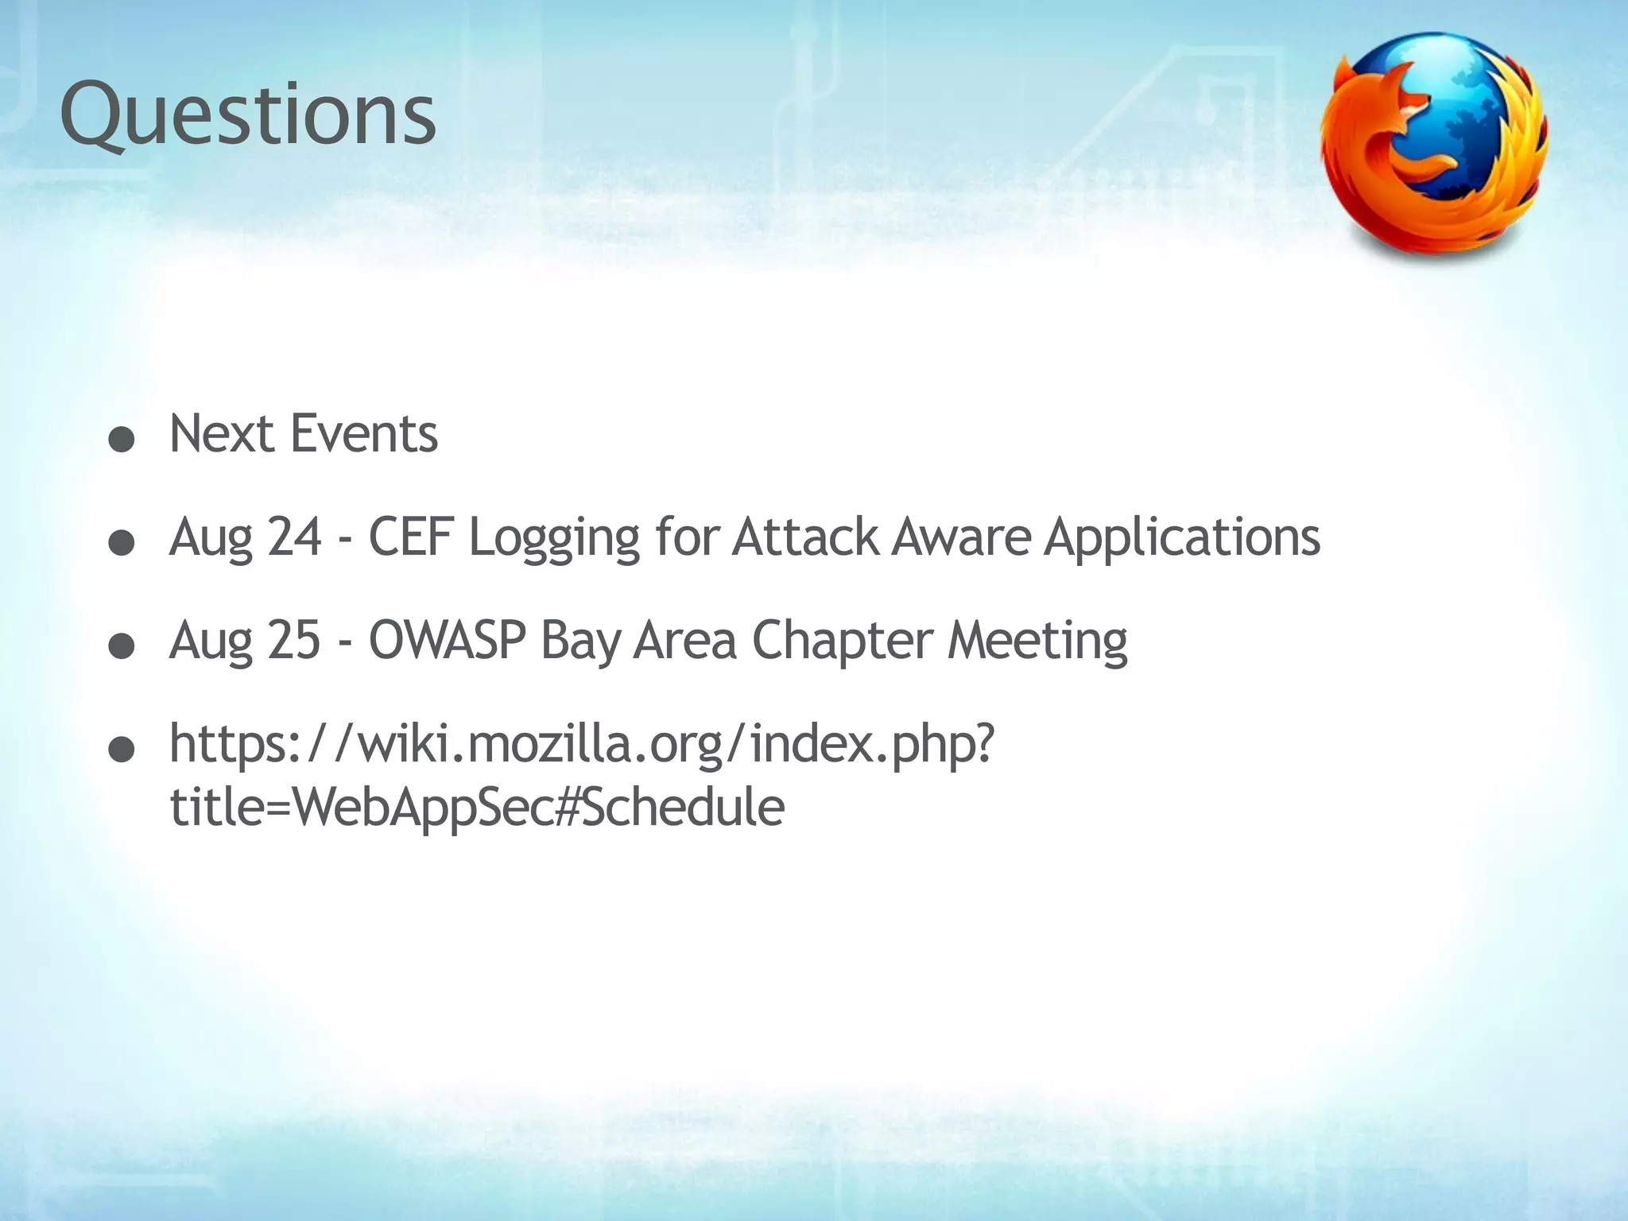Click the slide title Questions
click(248, 116)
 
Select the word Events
click(363, 434)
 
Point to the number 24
click(294, 537)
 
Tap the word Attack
click(804, 537)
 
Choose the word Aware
click(961, 537)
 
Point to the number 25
click(294, 640)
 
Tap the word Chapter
click(843, 642)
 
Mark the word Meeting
click(1037, 642)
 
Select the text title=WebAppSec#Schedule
click(477, 807)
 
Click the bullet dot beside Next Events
click(121, 440)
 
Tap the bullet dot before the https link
click(121, 750)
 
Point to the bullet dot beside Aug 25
click(121, 647)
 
